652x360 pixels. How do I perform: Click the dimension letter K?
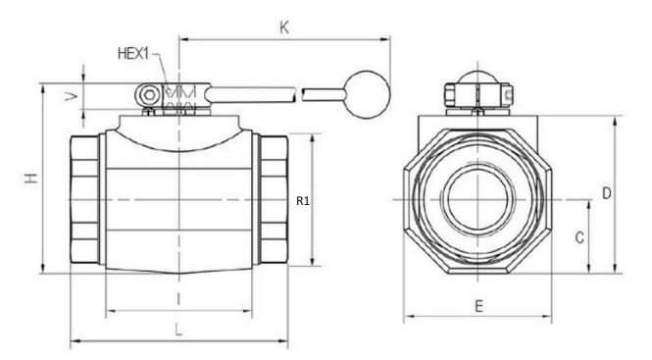click(x=284, y=27)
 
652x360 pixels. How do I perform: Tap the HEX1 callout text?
click(x=133, y=54)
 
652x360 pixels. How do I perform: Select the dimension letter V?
click(x=73, y=96)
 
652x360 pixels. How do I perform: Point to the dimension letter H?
click(x=31, y=179)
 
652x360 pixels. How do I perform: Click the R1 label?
click(x=303, y=201)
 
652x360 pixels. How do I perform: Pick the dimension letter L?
click(x=178, y=331)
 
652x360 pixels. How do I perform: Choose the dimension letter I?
click(x=178, y=299)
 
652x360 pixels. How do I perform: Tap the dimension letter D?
click(x=607, y=193)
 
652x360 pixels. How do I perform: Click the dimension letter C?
click(x=579, y=237)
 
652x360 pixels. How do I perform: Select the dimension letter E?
click(x=479, y=307)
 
